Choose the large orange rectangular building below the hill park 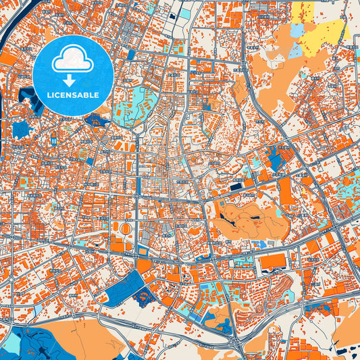pos(274,259)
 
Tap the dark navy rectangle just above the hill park pos(236,187)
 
